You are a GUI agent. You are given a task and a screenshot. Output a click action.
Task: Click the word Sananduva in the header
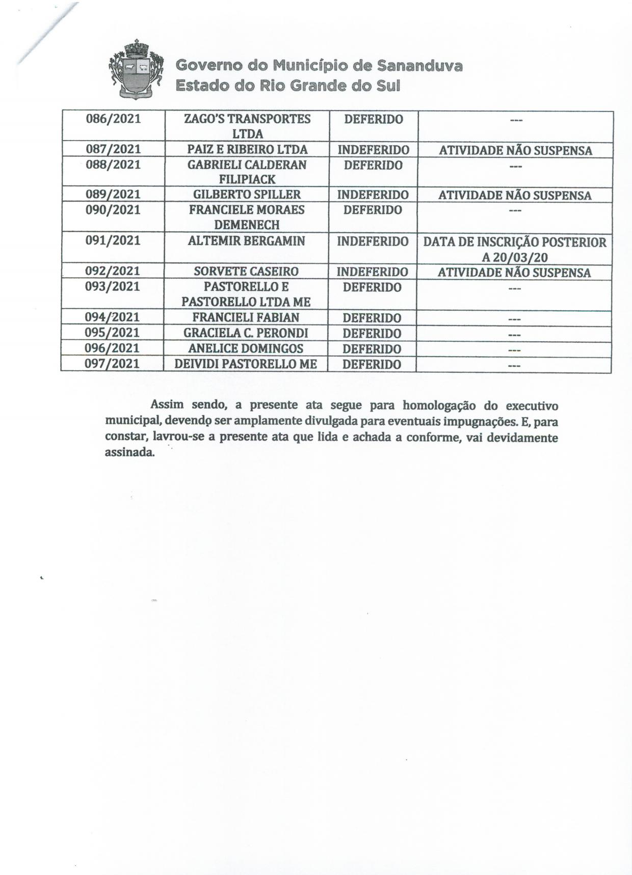click(419, 66)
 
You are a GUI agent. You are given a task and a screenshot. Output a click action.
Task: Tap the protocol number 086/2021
click(113, 119)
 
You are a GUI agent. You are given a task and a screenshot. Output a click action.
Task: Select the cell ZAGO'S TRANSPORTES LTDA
click(247, 126)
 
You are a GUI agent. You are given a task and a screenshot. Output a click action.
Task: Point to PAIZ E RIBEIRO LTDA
click(247, 150)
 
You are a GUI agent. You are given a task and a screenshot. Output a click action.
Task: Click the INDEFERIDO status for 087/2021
click(373, 150)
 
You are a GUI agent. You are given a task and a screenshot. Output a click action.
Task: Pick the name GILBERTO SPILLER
click(247, 195)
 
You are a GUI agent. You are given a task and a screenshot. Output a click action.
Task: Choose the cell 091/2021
click(113, 240)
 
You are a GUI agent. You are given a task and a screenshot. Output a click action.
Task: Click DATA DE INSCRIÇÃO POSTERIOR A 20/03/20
click(515, 249)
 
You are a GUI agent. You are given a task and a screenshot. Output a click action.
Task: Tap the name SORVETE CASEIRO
click(246, 271)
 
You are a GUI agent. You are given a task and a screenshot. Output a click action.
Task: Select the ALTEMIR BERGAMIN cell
click(246, 241)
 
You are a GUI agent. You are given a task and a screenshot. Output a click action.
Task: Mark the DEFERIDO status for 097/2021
click(372, 365)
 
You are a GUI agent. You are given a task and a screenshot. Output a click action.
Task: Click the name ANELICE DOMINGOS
click(246, 349)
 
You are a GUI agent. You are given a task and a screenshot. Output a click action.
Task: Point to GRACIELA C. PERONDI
click(246, 334)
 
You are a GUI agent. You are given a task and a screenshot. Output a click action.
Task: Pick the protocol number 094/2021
click(112, 317)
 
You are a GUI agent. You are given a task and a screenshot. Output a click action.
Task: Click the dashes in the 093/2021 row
click(514, 289)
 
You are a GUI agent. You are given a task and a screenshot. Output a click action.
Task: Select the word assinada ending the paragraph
click(129, 452)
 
